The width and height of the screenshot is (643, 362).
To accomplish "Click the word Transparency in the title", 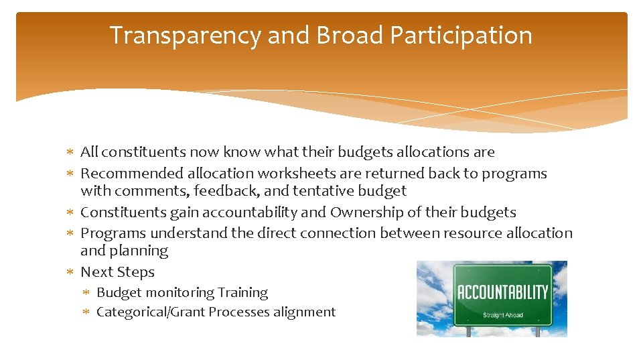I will pos(185,36).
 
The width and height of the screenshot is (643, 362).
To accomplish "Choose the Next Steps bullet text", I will pos(117,272).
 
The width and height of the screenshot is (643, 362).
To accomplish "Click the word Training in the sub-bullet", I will pos(245,293).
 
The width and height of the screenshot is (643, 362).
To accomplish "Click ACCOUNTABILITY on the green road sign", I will pos(502,292).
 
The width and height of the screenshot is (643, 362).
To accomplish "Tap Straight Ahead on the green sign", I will pos(502,314).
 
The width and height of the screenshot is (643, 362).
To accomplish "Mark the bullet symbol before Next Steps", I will pos(70,273).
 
